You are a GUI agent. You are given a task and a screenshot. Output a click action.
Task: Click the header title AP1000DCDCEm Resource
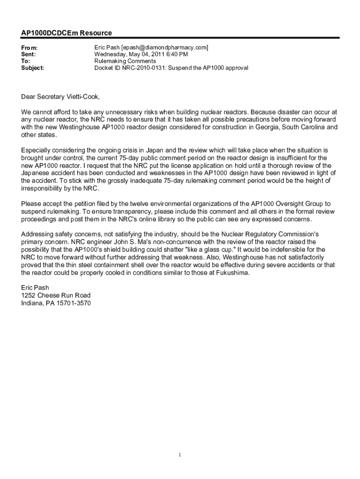pos(66,33)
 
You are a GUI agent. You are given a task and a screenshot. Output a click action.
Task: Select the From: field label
pos(29,48)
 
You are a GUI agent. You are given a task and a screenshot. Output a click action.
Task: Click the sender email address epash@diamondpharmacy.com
pos(164,48)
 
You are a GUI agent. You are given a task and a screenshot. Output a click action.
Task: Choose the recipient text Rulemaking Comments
pos(125,61)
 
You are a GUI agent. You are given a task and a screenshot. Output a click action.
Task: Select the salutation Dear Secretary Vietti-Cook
pos(60,97)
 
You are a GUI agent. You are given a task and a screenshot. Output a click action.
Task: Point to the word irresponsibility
pos(43,188)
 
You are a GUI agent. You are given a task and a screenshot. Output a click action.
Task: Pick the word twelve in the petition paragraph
pos(137,203)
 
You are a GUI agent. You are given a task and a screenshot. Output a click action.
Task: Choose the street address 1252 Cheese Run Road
pos(56,296)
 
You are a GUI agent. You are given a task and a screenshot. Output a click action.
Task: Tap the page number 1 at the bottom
pos(180,454)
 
